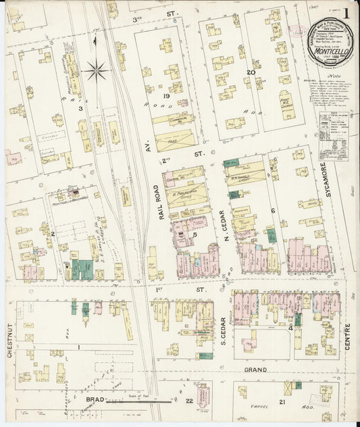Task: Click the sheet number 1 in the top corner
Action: click(346, 13)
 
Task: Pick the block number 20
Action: click(251, 72)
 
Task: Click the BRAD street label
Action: click(96, 399)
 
